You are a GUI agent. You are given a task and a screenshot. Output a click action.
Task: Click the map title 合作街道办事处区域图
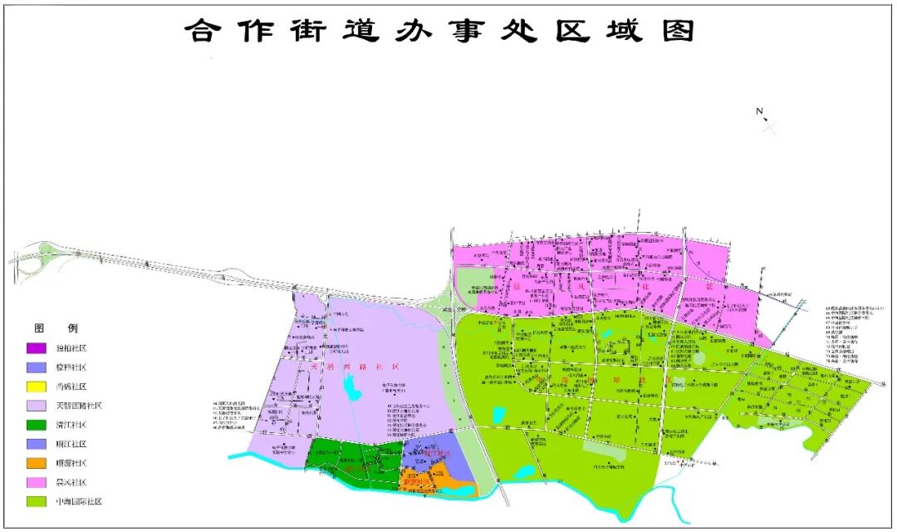point(439,31)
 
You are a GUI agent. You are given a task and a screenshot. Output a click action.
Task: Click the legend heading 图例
point(56,328)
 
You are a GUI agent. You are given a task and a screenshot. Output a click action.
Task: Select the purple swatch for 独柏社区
point(37,347)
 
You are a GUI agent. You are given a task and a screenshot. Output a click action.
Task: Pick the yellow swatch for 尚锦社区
point(37,386)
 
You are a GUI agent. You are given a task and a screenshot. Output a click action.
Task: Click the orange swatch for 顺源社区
point(37,463)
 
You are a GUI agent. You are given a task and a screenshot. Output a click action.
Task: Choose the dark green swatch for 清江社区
point(37,425)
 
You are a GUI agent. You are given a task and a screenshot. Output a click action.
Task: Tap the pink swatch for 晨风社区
point(37,482)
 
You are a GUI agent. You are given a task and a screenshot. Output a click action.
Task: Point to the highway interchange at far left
point(36,261)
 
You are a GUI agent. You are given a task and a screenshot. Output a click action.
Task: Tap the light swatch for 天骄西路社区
point(37,406)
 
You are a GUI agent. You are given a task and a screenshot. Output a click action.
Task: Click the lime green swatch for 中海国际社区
point(37,501)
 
